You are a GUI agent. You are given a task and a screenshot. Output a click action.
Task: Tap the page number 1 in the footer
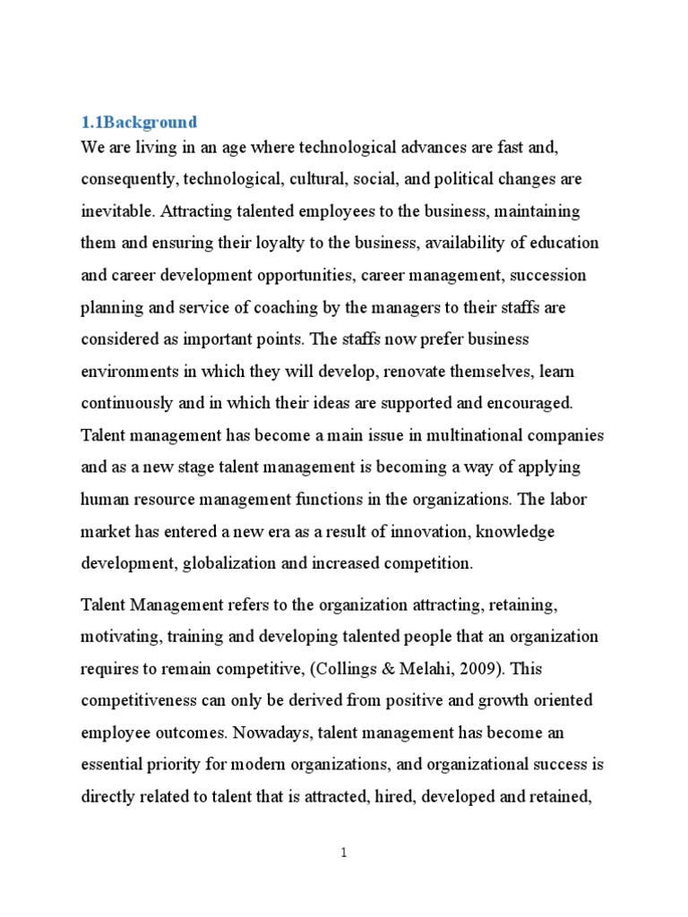(344, 853)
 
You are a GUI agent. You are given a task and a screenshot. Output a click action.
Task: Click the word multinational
(498, 436)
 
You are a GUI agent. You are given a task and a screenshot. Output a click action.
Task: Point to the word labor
(568, 500)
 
